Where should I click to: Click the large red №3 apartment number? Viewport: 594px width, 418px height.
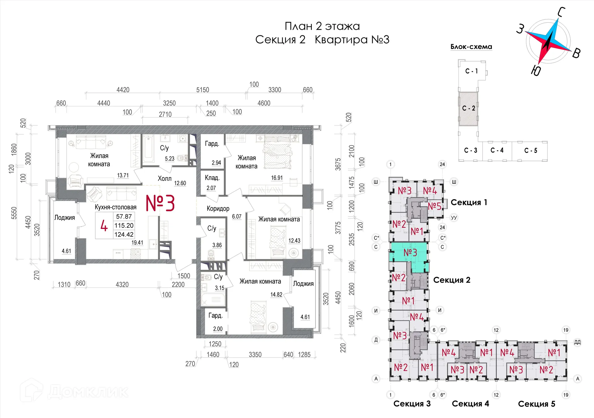tap(160, 203)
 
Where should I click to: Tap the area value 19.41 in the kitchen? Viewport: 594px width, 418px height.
tap(137, 243)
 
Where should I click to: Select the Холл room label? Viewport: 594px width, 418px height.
tap(165, 179)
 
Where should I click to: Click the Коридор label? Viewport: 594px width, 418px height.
tap(218, 209)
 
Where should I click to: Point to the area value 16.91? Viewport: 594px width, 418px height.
tap(277, 178)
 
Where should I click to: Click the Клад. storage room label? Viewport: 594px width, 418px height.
tap(212, 178)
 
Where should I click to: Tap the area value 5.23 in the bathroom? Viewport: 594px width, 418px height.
tap(170, 158)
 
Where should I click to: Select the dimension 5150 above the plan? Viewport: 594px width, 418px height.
tap(203, 90)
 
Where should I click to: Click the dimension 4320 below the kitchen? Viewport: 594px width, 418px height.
tap(122, 284)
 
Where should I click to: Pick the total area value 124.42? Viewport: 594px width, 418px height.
tap(124, 235)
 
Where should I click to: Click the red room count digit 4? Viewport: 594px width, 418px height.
tap(104, 226)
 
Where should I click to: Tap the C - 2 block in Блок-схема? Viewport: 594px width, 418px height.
tap(468, 108)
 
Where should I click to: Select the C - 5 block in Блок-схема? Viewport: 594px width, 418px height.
tap(531, 151)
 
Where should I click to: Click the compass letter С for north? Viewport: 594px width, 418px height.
tap(561, 12)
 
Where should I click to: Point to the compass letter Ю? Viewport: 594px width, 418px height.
tap(536, 71)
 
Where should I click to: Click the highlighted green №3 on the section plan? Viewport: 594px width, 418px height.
tap(410, 253)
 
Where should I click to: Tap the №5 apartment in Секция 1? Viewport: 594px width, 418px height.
tap(434, 206)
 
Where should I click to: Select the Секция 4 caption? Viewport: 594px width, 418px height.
tap(470, 403)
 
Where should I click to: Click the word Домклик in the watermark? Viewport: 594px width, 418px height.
tap(88, 392)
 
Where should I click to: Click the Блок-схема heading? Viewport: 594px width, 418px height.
tap(471, 47)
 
